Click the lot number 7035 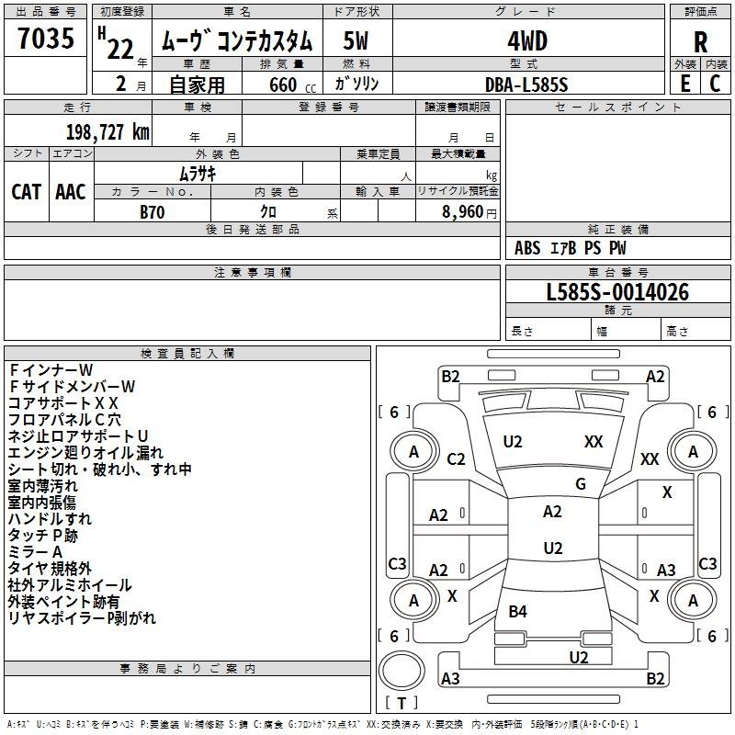coord(45,40)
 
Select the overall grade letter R coord(700,41)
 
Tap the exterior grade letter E coord(684,83)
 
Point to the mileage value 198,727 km coord(107,131)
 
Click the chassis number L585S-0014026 coord(616,293)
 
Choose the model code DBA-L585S coord(526,84)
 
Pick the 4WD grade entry coord(526,41)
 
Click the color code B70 coord(152,211)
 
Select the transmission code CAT coord(27,192)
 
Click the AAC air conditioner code coord(71,192)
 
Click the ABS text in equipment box coord(527,248)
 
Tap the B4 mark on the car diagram coord(518,611)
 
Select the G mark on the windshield coord(580,483)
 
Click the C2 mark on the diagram coord(456,459)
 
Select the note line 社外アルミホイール coord(70,585)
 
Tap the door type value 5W coord(356,41)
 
